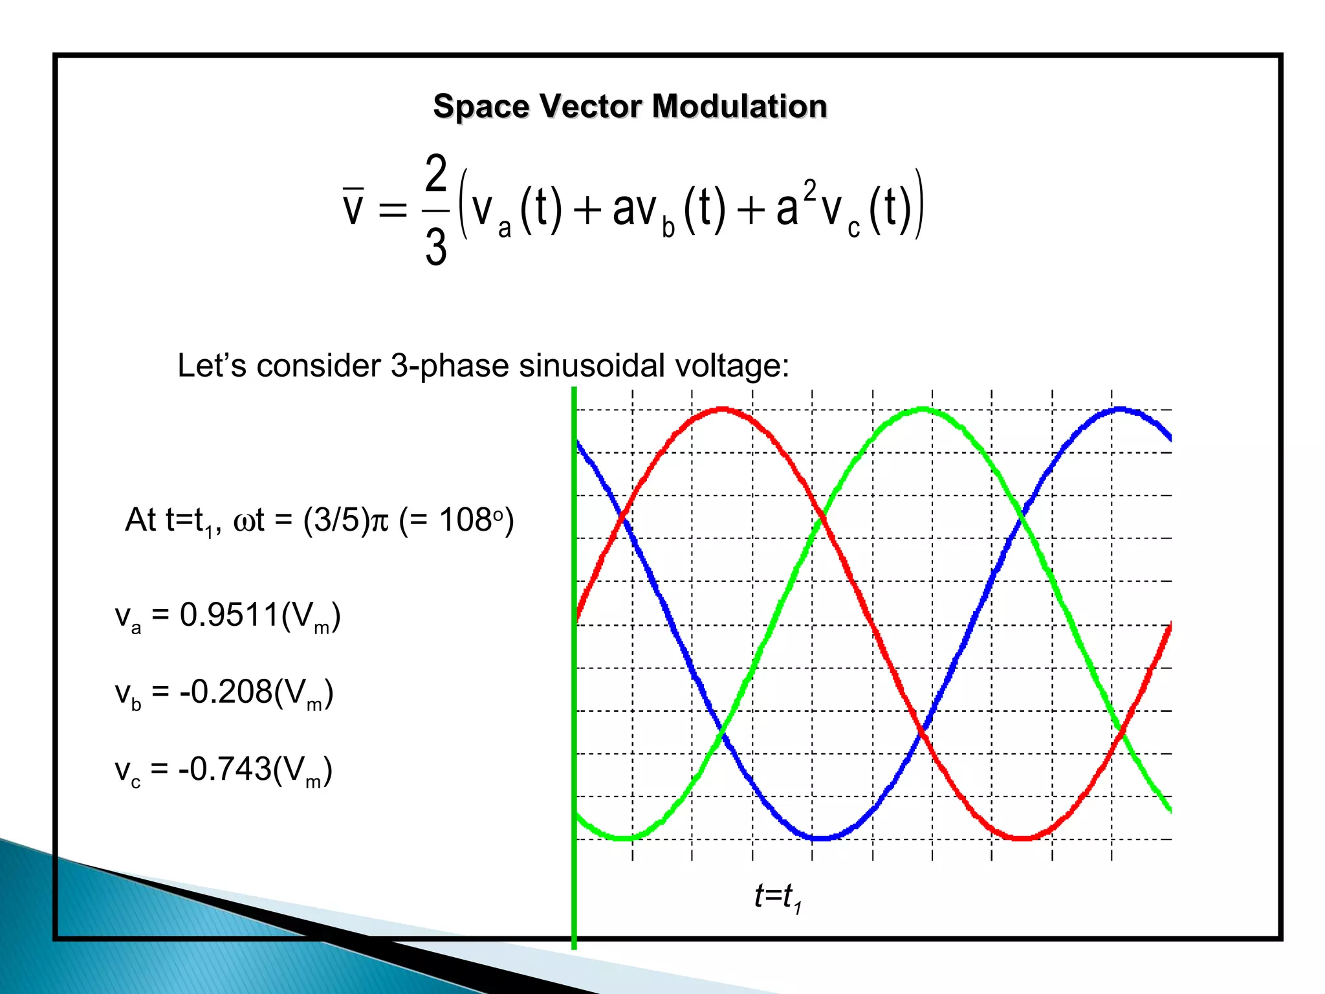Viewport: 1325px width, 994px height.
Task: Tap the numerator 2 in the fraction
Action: [x=436, y=173]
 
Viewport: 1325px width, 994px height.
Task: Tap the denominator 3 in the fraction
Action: [x=436, y=247]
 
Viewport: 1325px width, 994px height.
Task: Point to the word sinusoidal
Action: [x=591, y=366]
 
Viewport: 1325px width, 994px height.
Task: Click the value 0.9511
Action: [x=229, y=615]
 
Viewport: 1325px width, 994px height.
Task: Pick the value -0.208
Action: [x=226, y=692]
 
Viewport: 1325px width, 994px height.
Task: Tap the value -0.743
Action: [x=224, y=769]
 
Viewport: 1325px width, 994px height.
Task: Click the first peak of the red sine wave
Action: [x=721, y=410]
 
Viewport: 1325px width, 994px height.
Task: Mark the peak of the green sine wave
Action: [x=923, y=410]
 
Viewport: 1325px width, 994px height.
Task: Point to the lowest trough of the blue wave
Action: [x=820, y=838]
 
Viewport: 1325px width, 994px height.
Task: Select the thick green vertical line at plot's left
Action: [x=574, y=667]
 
